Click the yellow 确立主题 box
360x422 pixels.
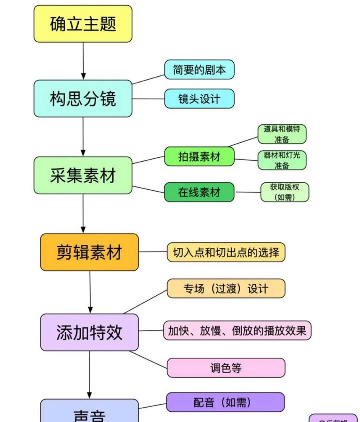pos(83,24)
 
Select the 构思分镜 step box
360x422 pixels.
pos(83,99)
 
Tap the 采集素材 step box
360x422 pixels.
pos(83,175)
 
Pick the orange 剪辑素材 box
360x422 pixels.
pos(89,252)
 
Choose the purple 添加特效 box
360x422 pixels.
pos(89,332)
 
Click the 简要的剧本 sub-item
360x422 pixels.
pos(199,70)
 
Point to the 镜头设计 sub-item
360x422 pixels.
pos(199,99)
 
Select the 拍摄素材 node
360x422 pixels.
pos(199,156)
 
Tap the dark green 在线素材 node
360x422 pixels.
pos(199,192)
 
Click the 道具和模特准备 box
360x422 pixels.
pos(282,134)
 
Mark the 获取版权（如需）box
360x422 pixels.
pos(284,192)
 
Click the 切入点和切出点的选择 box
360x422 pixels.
pos(226,252)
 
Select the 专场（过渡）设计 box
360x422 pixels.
pos(226,289)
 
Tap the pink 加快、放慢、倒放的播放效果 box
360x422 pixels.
pos(237,331)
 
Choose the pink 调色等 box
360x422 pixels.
pos(226,368)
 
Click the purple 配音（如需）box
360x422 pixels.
pos(225,402)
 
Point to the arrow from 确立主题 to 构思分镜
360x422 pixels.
pos(83,60)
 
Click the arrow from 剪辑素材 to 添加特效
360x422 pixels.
pos(90,291)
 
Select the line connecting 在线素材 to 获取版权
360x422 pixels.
pos(247,192)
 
